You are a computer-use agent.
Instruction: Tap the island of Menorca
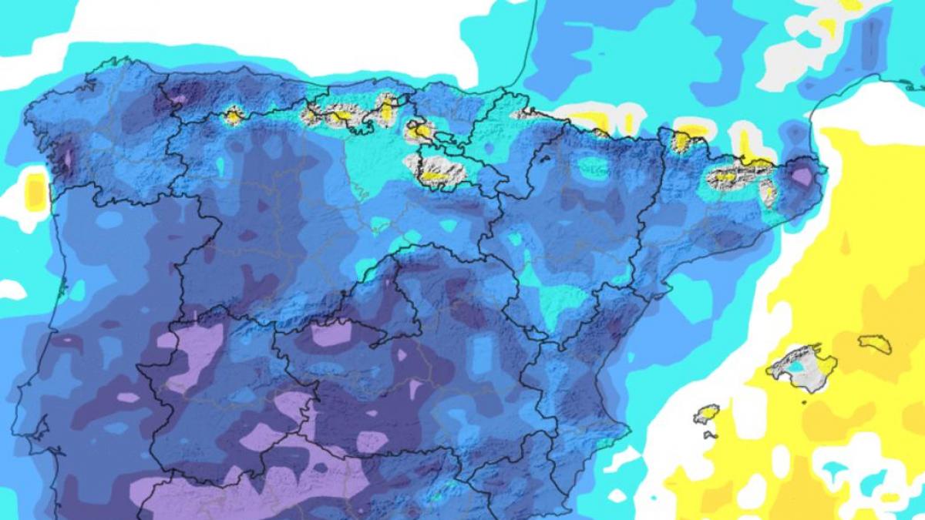coord(875,343)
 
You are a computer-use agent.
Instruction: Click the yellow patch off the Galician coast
coord(35,191)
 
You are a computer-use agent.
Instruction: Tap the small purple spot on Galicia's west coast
coord(67,158)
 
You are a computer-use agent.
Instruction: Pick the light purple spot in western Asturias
coord(178,99)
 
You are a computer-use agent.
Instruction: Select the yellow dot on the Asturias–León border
coord(232,116)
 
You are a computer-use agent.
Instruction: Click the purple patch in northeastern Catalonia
coord(802,176)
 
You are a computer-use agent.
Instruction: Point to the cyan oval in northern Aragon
coord(593,168)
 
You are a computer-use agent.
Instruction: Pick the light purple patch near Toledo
coord(331,333)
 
